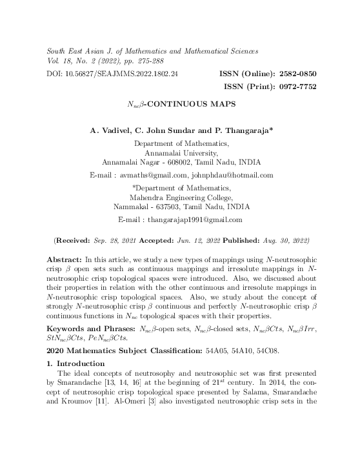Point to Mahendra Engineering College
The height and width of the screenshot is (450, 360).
[x=181, y=197]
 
